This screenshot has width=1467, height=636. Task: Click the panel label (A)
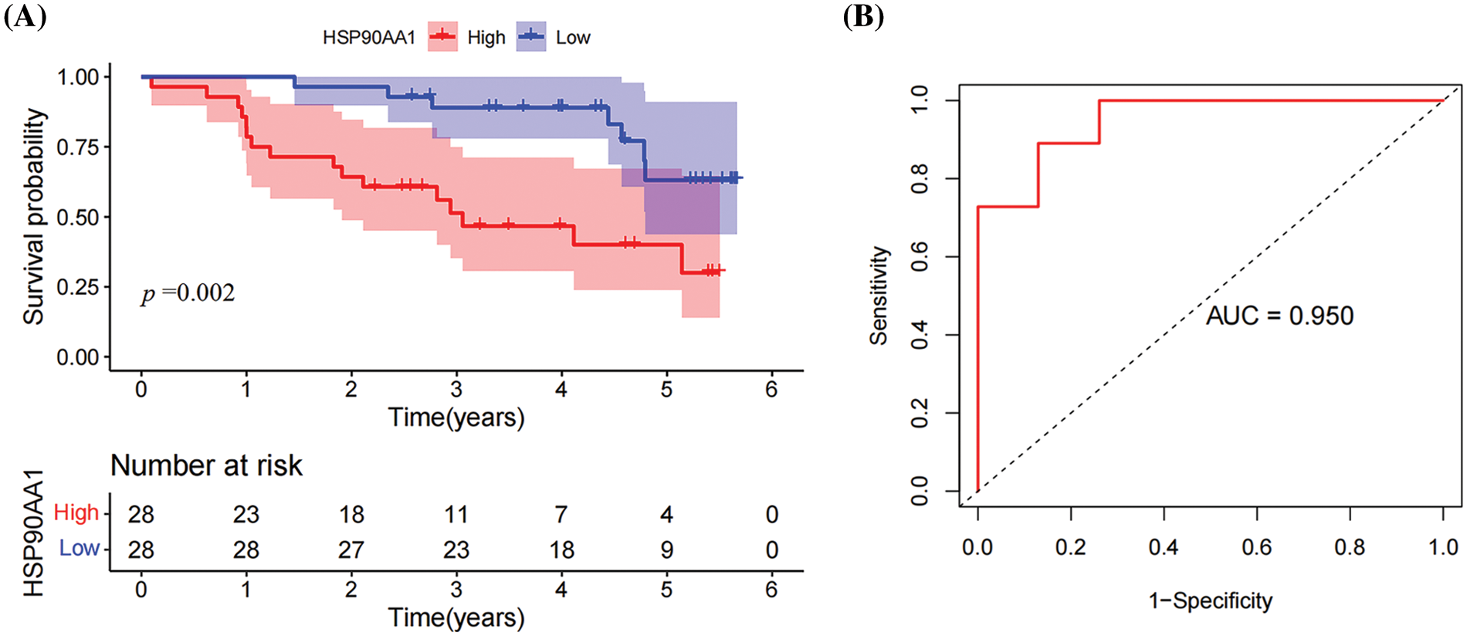pyautogui.click(x=25, y=16)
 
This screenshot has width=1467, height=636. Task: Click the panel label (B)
pyautogui.click(x=863, y=16)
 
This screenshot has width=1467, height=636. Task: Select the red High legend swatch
pyautogui.click(x=442, y=36)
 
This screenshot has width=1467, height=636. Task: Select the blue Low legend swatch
pyautogui.click(x=531, y=36)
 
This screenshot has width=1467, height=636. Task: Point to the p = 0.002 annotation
pyautogui.click(x=188, y=293)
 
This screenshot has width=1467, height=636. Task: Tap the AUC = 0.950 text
pyautogui.click(x=1279, y=316)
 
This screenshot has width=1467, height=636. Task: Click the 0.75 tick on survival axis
pyautogui.click(x=77, y=147)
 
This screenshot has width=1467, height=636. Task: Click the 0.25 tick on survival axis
pyautogui.click(x=77, y=287)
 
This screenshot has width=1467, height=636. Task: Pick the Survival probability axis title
pyautogui.click(x=34, y=216)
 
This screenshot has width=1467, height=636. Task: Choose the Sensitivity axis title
pyautogui.click(x=879, y=295)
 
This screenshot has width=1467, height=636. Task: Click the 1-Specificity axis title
pyautogui.click(x=1210, y=600)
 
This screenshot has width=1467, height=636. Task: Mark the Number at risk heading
pyautogui.click(x=206, y=465)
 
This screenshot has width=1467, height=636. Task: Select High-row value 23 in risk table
pyautogui.click(x=246, y=514)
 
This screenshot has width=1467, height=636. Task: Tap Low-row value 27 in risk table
pyautogui.click(x=351, y=550)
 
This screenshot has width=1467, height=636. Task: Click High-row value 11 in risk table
pyautogui.click(x=456, y=514)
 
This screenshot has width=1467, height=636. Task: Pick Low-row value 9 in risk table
pyautogui.click(x=666, y=550)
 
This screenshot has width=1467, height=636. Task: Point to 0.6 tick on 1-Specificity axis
pyautogui.click(x=1256, y=547)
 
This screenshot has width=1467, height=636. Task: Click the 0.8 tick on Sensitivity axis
pyautogui.click(x=920, y=178)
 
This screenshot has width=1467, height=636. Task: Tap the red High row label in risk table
pyautogui.click(x=76, y=513)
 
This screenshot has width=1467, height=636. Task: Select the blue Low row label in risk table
pyautogui.click(x=80, y=548)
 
